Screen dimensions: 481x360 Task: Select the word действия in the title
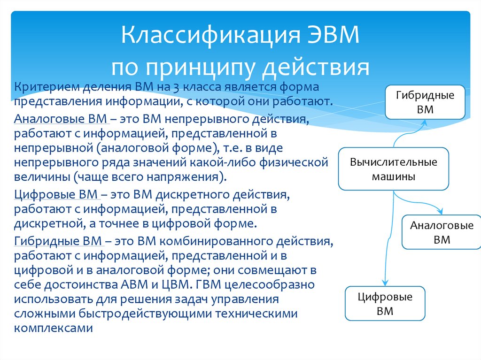pyautogui.click(x=316, y=68)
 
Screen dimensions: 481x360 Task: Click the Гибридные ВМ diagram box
pyautogui.click(x=425, y=102)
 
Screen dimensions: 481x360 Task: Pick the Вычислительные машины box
pyautogui.click(x=394, y=169)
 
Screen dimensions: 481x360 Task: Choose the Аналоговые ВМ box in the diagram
pyautogui.click(x=442, y=232)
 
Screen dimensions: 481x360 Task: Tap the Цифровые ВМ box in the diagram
pyautogui.click(x=385, y=304)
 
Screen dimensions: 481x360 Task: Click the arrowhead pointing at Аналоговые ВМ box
pyautogui.click(x=441, y=211)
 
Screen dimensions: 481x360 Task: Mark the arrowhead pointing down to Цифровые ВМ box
pyautogui.click(x=385, y=283)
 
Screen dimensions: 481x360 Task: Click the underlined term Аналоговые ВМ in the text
pyautogui.click(x=61, y=119)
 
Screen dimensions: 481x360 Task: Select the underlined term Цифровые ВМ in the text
pyautogui.click(x=56, y=194)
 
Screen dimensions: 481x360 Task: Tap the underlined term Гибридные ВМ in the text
pyautogui.click(x=58, y=241)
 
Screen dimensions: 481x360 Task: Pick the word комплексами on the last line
pyautogui.click(x=54, y=328)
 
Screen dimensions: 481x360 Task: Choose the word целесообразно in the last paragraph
pyautogui.click(x=269, y=284)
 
